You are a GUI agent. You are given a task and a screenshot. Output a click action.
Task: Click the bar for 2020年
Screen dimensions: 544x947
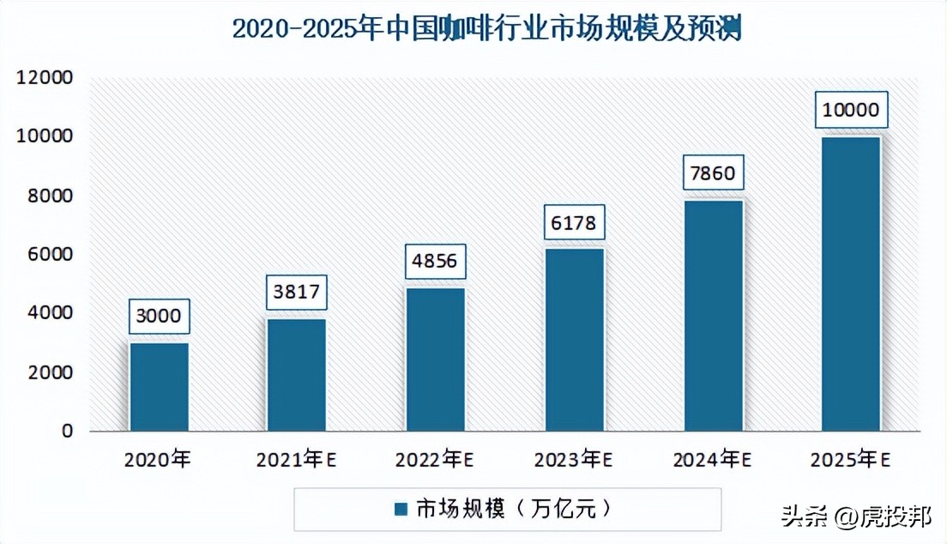[160, 387]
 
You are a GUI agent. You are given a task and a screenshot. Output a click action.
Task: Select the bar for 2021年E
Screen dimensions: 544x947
[297, 375]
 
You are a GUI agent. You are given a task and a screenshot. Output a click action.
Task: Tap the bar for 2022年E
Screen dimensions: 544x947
[436, 360]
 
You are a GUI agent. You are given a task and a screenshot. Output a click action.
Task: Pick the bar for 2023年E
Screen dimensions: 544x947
[575, 340]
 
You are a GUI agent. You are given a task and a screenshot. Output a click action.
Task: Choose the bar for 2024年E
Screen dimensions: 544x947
[714, 316]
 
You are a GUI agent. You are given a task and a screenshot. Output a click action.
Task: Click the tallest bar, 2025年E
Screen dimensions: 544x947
[851, 284]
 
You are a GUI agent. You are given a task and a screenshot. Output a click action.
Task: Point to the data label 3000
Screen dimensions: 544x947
[158, 316]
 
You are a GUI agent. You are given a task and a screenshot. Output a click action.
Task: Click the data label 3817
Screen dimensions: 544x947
[297, 292]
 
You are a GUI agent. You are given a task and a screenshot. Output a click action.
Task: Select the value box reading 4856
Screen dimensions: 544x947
[436, 261]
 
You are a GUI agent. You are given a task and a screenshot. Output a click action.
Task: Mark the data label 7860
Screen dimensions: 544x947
[712, 173]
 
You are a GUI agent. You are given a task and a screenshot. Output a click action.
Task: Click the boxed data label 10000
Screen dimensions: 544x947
[850, 109]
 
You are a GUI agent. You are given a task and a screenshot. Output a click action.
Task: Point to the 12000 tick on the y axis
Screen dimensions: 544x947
[44, 78]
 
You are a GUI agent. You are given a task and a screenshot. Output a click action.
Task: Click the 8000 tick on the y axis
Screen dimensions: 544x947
[50, 196]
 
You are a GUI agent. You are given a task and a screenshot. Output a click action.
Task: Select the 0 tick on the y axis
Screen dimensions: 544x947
[68, 431]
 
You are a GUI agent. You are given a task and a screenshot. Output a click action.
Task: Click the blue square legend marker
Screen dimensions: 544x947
[400, 510]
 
